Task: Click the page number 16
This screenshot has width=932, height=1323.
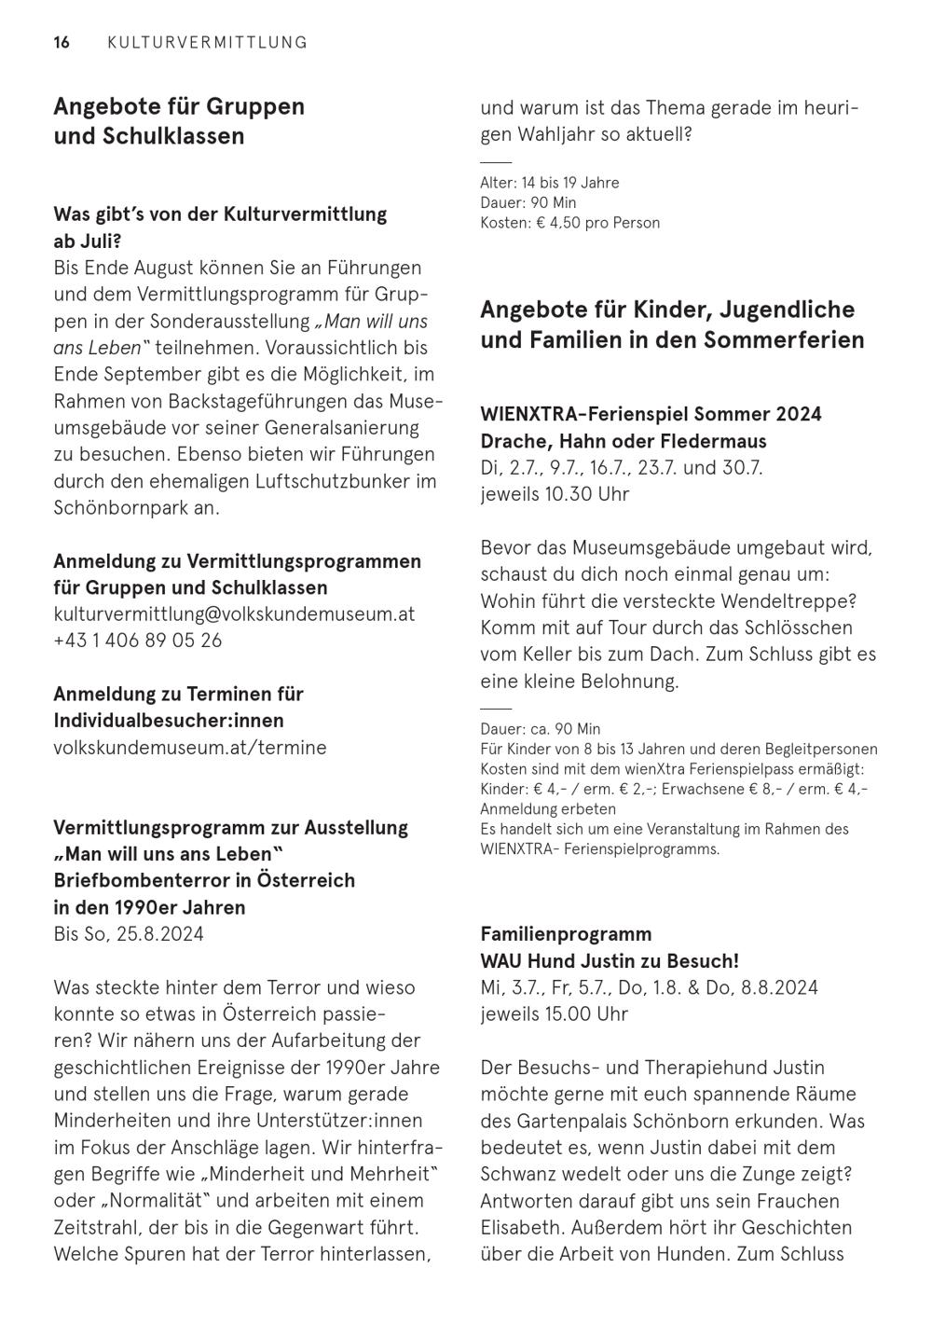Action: click(x=62, y=42)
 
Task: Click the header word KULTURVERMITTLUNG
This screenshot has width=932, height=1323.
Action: click(x=207, y=42)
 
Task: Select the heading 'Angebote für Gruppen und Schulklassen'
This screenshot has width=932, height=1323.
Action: click(x=179, y=121)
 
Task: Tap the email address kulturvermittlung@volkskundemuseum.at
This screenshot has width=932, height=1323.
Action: click(x=234, y=614)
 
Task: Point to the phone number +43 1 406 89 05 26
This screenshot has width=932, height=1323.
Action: click(x=138, y=641)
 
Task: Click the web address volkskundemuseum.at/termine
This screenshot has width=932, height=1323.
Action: click(x=190, y=748)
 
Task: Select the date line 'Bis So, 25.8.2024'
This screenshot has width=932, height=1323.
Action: click(x=129, y=934)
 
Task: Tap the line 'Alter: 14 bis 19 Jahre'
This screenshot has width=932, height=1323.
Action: click(x=549, y=183)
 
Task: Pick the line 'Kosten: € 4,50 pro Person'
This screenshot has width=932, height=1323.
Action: click(x=569, y=223)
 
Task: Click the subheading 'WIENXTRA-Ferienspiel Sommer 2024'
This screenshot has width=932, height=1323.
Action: click(x=651, y=414)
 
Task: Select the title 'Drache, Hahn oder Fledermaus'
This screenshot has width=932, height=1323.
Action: click(x=624, y=441)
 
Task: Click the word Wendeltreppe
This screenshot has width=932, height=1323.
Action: click(x=792, y=601)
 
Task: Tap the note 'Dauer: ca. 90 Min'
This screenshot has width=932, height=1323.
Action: click(x=540, y=729)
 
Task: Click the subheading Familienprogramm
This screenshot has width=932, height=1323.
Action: click(x=566, y=934)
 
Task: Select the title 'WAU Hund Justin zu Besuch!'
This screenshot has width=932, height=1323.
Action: click(x=610, y=961)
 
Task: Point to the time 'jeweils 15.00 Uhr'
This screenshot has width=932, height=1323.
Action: click(x=555, y=1014)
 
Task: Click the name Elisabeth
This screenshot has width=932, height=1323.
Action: click(x=519, y=1228)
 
